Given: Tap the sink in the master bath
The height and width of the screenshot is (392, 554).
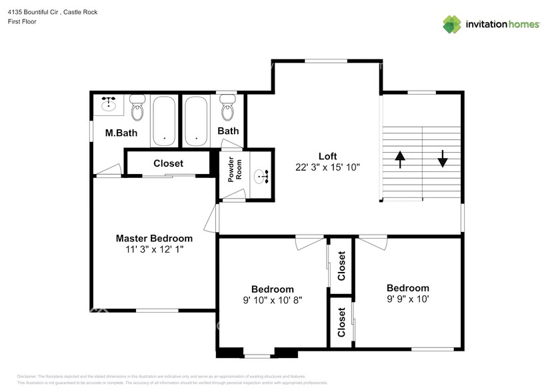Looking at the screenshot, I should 109,104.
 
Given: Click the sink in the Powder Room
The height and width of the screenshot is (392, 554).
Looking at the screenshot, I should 261,177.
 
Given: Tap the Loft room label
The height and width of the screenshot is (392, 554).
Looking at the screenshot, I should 327,156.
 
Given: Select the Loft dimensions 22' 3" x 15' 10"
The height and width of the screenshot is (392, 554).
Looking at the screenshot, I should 327,167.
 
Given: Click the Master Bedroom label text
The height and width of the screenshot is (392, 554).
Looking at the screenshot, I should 154,238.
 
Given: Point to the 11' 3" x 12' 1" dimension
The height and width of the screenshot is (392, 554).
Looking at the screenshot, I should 154,249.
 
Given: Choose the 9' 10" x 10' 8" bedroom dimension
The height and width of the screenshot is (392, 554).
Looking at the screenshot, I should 273,300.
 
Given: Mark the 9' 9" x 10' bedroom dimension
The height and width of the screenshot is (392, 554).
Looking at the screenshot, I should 407,299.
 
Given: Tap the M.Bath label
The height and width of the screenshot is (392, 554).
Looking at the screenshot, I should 121,133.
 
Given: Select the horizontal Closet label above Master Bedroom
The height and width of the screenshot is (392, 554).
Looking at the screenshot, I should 168,163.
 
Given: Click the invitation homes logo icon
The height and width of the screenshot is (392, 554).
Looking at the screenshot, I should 453,24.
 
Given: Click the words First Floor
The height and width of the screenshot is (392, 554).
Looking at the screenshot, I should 22,21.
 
